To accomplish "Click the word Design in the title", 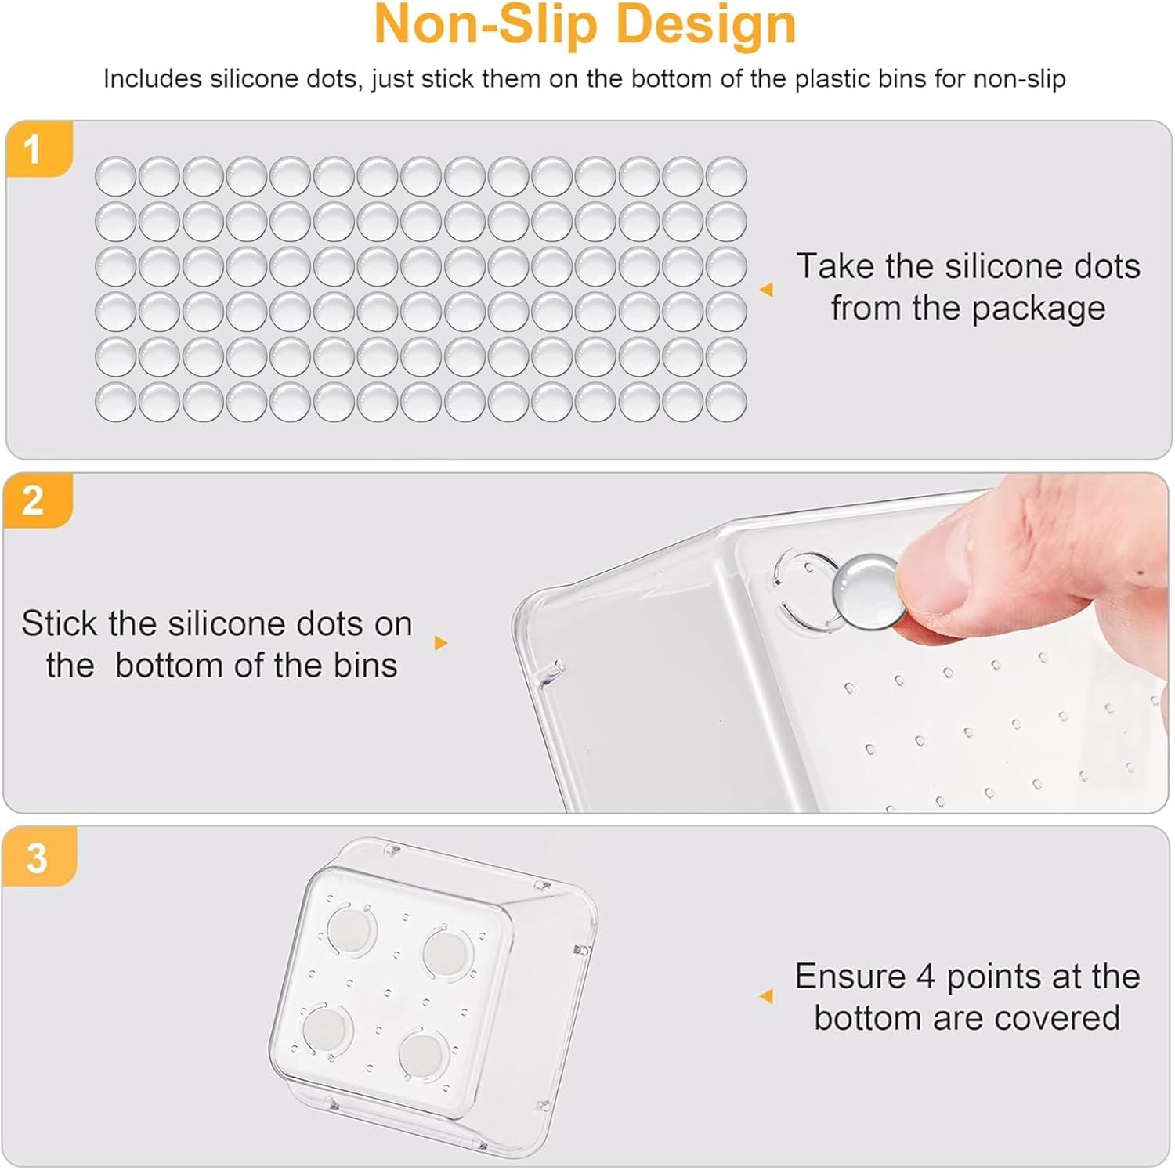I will click(x=707, y=25).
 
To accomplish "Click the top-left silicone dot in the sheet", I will click(x=115, y=175).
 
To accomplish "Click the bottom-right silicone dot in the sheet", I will click(x=725, y=403).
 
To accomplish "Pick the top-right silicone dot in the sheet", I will click(x=725, y=175).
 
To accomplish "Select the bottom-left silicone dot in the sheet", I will click(x=115, y=403).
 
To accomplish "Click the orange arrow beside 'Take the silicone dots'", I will click(x=767, y=290).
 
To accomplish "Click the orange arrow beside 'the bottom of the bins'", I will click(x=441, y=643).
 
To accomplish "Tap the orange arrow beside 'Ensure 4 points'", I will click(x=767, y=996).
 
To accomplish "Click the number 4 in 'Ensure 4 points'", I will click(x=925, y=977).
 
